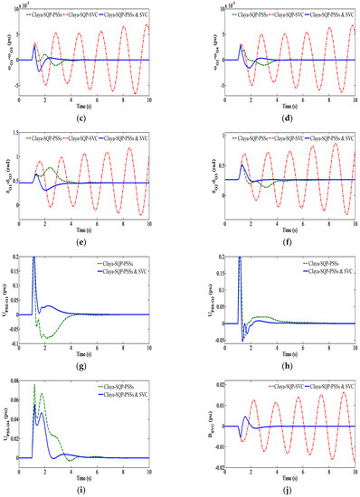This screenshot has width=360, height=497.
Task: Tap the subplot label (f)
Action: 275,237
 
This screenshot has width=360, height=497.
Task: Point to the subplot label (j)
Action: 275,488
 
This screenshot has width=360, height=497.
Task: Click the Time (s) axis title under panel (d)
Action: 275,103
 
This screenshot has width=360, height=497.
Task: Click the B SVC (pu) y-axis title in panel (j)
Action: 189,422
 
